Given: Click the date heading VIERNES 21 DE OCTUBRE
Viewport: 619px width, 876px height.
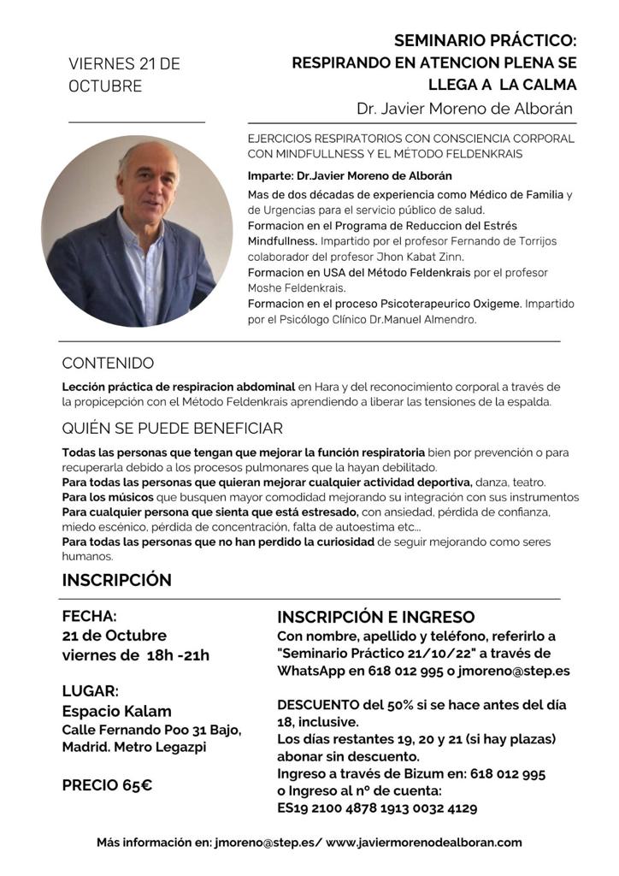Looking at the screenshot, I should (124, 75).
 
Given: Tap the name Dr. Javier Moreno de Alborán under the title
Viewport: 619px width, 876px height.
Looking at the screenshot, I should (465, 109).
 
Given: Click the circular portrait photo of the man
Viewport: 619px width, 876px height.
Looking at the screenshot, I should (137, 230).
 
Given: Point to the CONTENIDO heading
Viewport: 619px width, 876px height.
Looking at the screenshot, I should (108, 363).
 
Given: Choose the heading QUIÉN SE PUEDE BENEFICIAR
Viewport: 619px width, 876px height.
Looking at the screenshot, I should (172, 428).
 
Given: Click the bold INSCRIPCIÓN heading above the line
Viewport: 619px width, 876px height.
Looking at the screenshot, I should (116, 580).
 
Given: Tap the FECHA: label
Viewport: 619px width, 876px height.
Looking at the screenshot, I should (89, 616).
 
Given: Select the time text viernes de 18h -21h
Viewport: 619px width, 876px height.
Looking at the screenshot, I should (135, 655).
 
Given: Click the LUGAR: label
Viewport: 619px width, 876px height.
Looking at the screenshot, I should (90, 690).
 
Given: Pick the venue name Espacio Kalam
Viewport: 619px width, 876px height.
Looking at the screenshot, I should (116, 711).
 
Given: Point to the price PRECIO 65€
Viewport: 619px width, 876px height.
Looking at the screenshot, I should (107, 784).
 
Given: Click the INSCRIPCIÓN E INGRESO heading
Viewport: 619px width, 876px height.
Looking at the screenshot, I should (375, 617).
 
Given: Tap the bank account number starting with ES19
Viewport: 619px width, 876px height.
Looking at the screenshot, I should (377, 808).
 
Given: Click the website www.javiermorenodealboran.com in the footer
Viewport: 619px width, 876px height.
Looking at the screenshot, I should (423, 842).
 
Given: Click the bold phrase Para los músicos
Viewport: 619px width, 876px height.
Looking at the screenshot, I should (107, 497).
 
